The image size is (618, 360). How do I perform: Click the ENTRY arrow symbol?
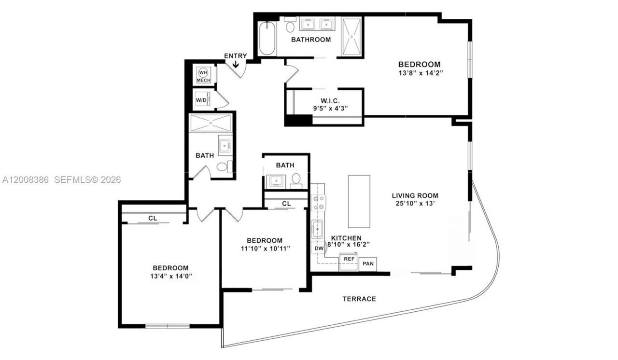236,63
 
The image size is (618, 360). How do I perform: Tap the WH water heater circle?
203,72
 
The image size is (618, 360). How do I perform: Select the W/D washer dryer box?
201,100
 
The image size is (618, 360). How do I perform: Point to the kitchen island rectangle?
359,201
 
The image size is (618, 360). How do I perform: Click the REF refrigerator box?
349,259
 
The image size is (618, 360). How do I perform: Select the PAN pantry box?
368,264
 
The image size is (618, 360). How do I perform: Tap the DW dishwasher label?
319,249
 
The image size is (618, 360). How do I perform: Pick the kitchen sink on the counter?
317,229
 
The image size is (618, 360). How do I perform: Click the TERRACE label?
359,299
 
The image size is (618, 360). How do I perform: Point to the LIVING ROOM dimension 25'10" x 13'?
415,203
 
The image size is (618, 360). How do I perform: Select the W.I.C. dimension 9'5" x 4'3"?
323,108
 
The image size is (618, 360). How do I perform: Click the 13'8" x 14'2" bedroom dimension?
419,73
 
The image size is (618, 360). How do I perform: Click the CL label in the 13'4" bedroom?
153,218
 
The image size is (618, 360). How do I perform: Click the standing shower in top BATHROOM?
351,37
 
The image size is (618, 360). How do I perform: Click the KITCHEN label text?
346,238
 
